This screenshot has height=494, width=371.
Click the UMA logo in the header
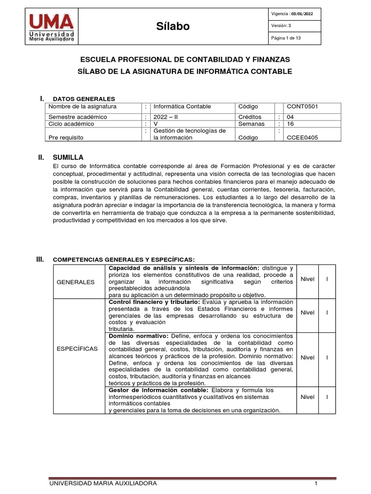[52, 27]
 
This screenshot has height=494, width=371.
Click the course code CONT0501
[302, 107]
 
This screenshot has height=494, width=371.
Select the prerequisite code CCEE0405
[302, 137]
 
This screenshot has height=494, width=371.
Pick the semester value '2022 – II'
[167, 117]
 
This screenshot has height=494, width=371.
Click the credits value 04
[290, 117]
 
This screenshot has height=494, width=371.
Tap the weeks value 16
[290, 123]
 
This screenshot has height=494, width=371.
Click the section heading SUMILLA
[68, 157]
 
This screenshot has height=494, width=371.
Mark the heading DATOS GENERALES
[84, 99]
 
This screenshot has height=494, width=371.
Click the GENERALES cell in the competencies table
[76, 282]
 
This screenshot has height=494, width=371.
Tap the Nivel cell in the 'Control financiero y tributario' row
[307, 313]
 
